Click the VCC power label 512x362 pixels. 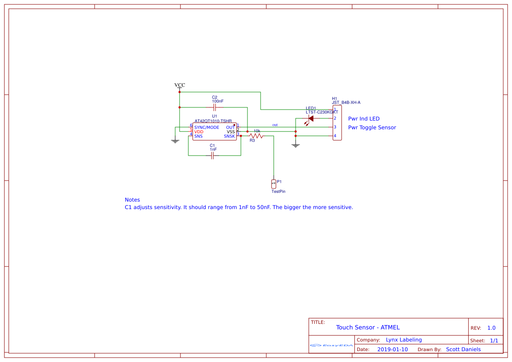point(180,85)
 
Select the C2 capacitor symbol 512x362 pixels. point(215,107)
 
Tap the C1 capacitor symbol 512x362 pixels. point(212,156)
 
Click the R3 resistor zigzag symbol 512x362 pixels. point(256,136)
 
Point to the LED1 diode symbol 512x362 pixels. point(311,118)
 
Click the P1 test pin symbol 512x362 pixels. point(274,183)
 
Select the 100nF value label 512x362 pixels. point(218,101)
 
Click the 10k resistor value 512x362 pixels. point(257,131)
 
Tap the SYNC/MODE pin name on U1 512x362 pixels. point(207,128)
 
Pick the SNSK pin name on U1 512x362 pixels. point(230,136)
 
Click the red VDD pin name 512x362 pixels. point(199,132)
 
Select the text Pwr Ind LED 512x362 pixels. point(364,119)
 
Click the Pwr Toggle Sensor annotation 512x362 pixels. point(372,128)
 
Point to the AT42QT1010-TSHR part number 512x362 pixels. point(213,121)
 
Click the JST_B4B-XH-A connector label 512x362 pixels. point(346,103)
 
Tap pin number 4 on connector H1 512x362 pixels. point(335,136)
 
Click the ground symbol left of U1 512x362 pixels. point(175,141)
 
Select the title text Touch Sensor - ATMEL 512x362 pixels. point(368,327)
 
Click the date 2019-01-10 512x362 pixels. point(392,349)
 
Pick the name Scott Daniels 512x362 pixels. point(463,349)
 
